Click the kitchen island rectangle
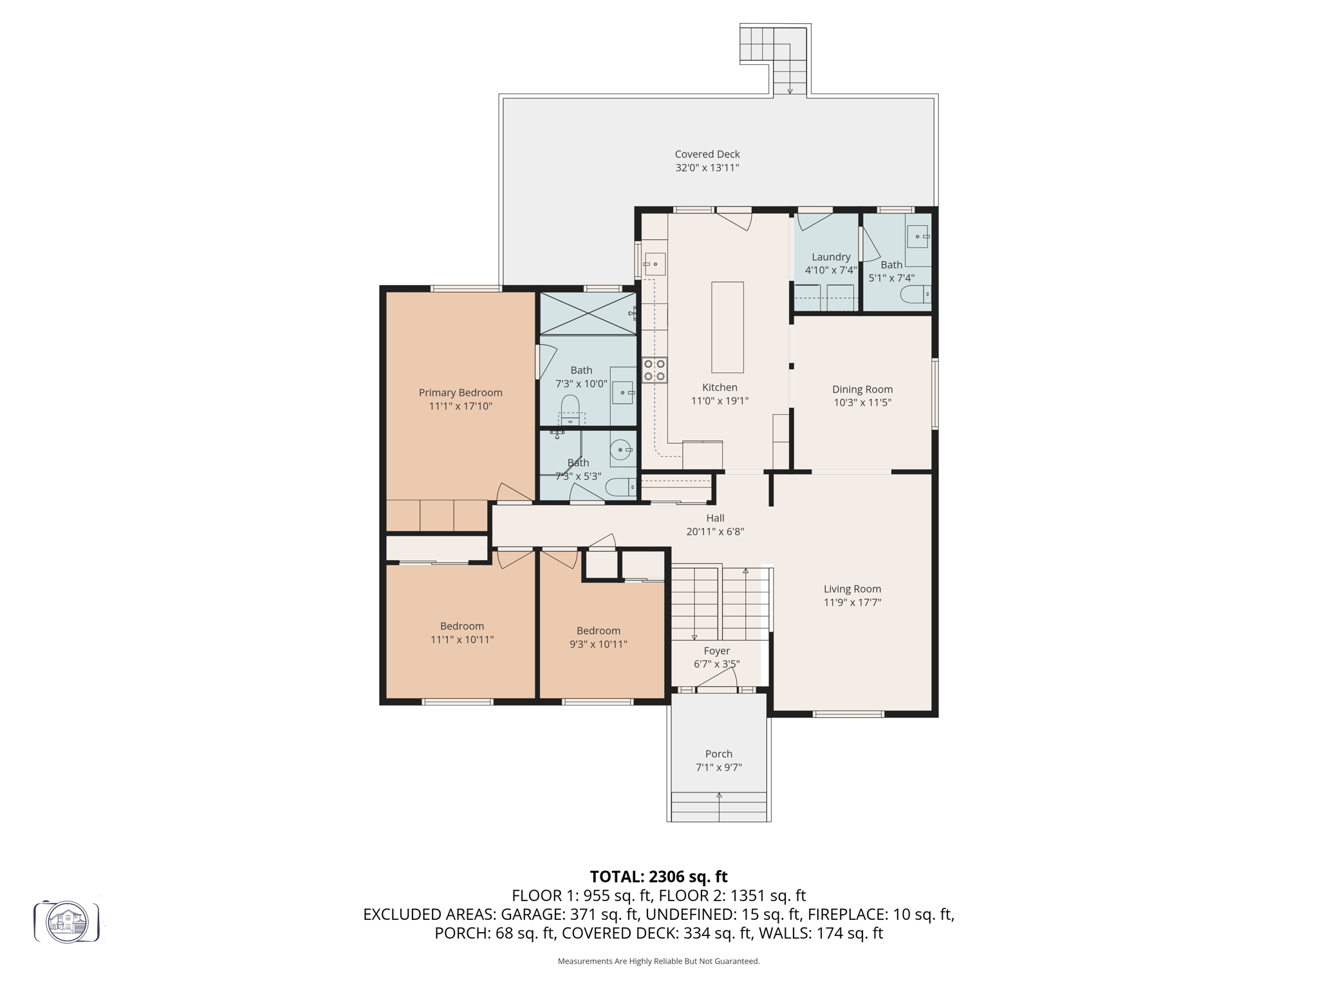(x=727, y=327)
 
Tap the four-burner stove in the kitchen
(x=654, y=370)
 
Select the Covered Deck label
(x=707, y=154)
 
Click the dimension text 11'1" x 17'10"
(x=460, y=407)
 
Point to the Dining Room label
(x=862, y=389)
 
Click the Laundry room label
(x=831, y=257)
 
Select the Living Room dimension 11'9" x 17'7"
(x=852, y=603)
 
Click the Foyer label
(x=716, y=651)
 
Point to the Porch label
(x=718, y=754)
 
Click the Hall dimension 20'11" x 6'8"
(x=715, y=532)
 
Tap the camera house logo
(x=67, y=922)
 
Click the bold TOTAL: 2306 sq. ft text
(x=658, y=877)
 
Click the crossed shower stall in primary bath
(x=588, y=314)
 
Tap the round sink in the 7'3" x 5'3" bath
(x=620, y=449)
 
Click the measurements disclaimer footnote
(x=658, y=962)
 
